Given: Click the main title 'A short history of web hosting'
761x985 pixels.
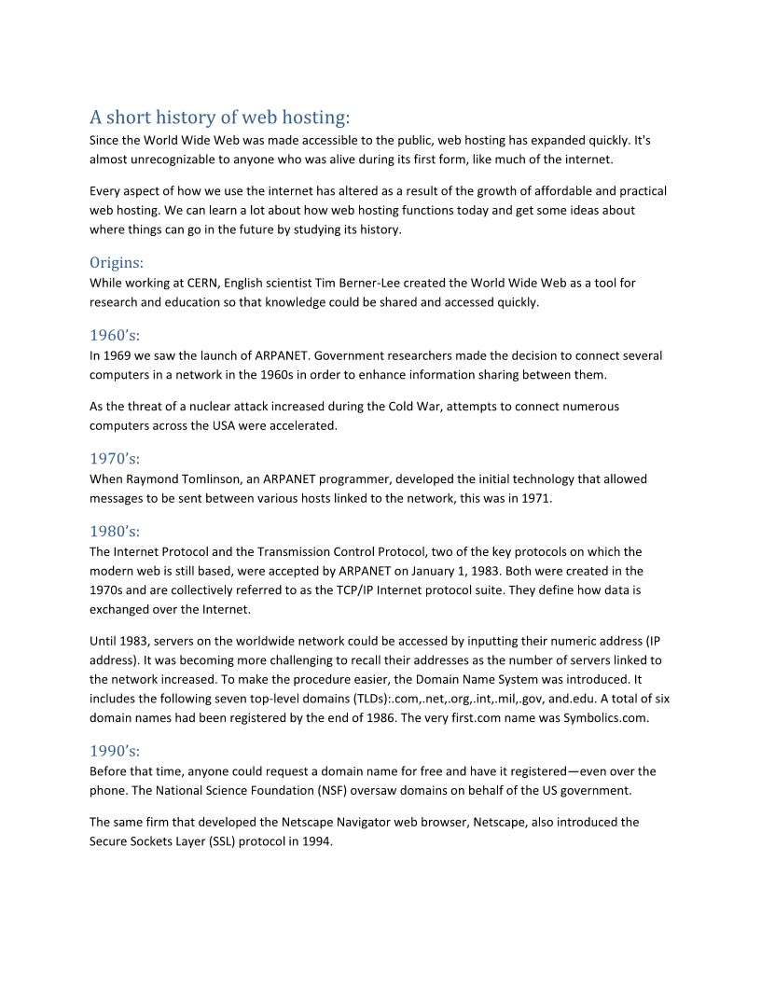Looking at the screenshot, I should [x=219, y=118].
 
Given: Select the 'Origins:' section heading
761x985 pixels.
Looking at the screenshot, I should [x=117, y=262].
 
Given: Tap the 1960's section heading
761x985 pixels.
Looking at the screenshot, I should [x=115, y=335].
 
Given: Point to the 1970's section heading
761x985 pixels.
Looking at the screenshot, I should [x=115, y=458].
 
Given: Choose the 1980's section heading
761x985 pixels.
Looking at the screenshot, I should [x=115, y=531].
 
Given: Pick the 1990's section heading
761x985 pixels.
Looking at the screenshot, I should [x=115, y=751].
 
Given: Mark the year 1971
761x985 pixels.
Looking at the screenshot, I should [x=537, y=499].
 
